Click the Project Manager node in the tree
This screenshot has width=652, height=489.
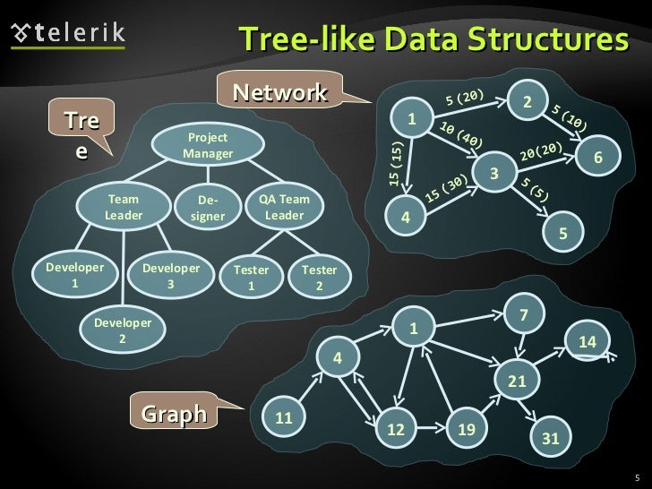pyautogui.click(x=207, y=145)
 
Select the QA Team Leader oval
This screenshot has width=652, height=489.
pyautogui.click(x=285, y=208)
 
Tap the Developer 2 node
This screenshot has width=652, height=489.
pyautogui.click(x=123, y=330)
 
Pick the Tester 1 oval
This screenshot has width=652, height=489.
pyautogui.click(x=251, y=277)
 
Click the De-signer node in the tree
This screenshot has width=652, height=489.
pyautogui.click(x=207, y=209)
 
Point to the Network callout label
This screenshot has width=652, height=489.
pyautogui.click(x=279, y=92)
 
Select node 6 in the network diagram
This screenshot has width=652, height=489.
pyautogui.click(x=599, y=158)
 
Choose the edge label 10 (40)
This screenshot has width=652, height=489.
pyautogui.click(x=461, y=134)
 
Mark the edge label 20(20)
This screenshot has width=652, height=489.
pyautogui.click(x=541, y=151)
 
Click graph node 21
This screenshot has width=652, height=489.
pyautogui.click(x=517, y=382)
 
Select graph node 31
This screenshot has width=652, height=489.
pyautogui.click(x=551, y=438)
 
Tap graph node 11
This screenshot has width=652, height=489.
pyautogui.click(x=284, y=418)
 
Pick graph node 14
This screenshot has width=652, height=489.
pyautogui.click(x=588, y=341)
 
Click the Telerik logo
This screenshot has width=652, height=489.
pyautogui.click(x=68, y=34)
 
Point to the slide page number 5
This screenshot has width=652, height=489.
pyautogui.click(x=636, y=476)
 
